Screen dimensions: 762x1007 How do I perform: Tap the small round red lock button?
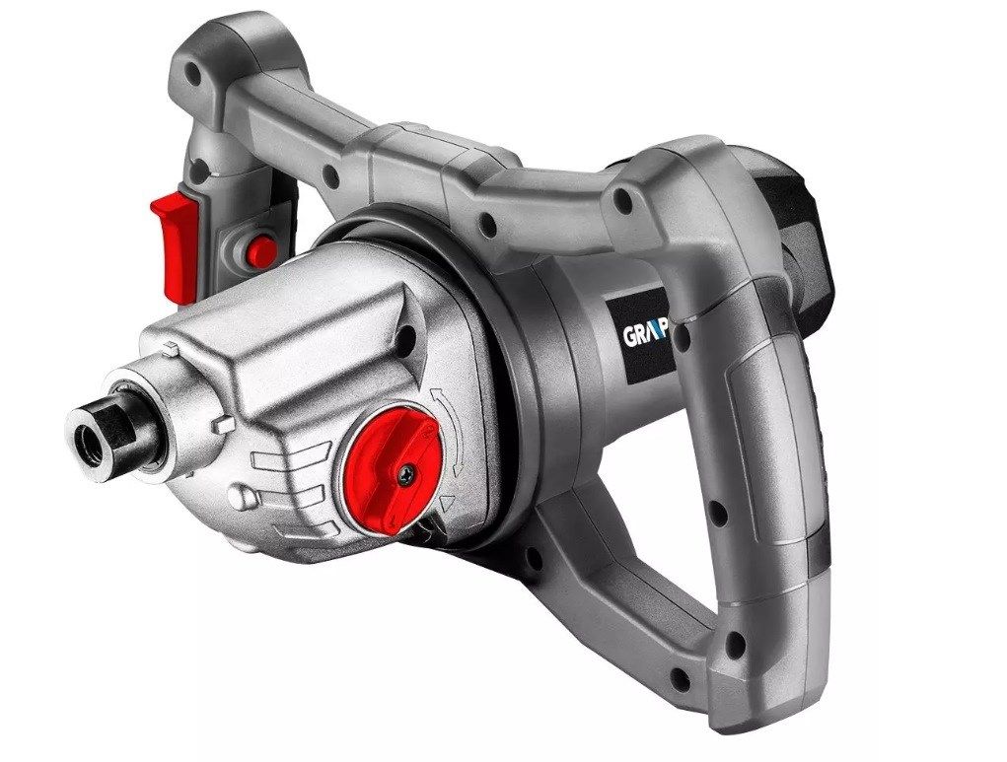coord(262,251)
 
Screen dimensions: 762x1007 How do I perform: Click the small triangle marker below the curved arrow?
coord(446,503)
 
